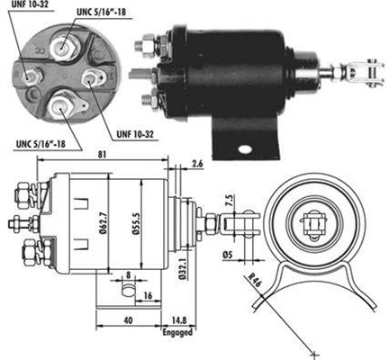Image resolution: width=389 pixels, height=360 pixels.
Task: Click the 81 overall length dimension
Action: (102, 154)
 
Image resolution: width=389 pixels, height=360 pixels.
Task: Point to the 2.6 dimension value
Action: (197, 164)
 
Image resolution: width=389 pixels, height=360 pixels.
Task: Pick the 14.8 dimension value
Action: (178, 320)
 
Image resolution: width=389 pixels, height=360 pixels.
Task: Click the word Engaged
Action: (177, 332)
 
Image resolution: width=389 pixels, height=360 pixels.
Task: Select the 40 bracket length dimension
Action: (128, 320)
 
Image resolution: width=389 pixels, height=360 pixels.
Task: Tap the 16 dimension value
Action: (148, 295)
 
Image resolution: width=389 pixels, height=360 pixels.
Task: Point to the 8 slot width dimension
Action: (129, 274)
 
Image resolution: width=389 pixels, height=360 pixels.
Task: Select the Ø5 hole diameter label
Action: (228, 255)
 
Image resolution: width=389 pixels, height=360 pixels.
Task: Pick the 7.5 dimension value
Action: (230, 201)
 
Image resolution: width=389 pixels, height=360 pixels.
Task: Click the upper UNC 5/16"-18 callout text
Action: (101, 12)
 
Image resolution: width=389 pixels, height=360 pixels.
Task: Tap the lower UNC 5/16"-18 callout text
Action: (41, 144)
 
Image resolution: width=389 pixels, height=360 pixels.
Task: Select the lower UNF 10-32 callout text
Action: (135, 134)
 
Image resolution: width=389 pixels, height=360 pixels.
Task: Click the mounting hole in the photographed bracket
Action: (244, 149)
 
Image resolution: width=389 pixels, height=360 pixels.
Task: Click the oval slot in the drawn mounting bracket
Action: (128, 290)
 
